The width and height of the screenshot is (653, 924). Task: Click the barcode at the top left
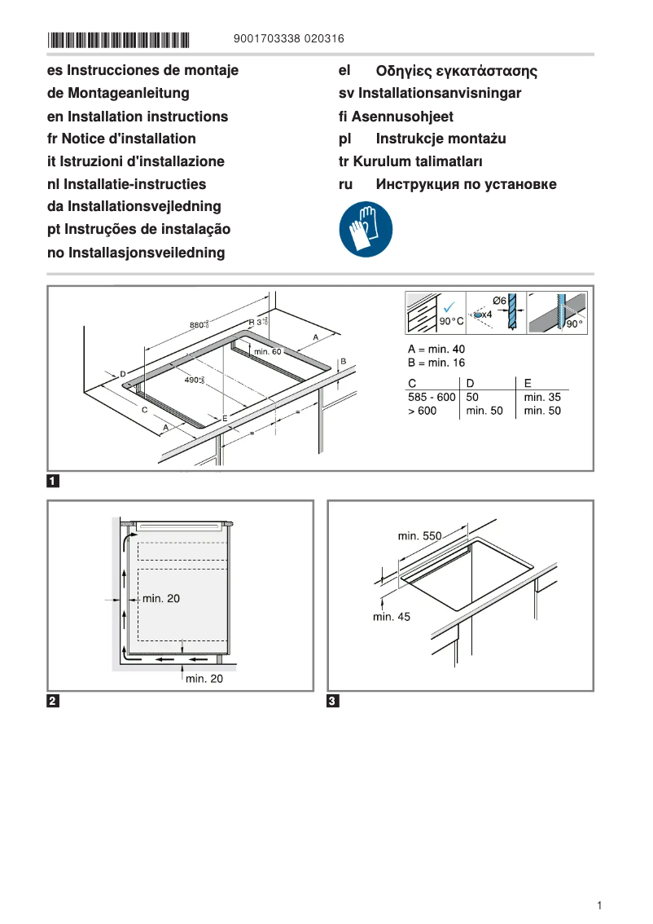click(x=119, y=39)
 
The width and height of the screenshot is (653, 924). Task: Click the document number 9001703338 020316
click(x=288, y=38)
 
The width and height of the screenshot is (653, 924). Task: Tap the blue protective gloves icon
click(x=366, y=230)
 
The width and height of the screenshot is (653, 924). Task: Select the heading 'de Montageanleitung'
click(x=118, y=94)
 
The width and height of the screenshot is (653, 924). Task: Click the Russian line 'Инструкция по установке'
click(x=466, y=184)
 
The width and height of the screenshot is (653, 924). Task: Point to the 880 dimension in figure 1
click(x=197, y=325)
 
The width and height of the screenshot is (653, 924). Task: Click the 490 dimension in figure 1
click(x=192, y=380)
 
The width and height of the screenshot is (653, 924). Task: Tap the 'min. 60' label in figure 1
click(x=267, y=351)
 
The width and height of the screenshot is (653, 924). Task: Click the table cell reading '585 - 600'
click(x=431, y=397)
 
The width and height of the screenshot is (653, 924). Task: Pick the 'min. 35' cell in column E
click(x=542, y=397)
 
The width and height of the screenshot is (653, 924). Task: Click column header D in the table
click(x=470, y=382)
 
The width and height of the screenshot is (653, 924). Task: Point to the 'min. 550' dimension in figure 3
click(x=419, y=535)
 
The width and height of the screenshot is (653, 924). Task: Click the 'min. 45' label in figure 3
click(x=392, y=617)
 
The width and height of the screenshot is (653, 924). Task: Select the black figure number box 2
click(x=52, y=701)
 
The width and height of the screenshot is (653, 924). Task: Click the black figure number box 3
click(x=332, y=701)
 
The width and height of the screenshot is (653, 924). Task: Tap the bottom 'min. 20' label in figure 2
click(x=204, y=678)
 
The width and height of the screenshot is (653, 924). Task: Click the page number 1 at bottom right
click(x=599, y=905)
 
